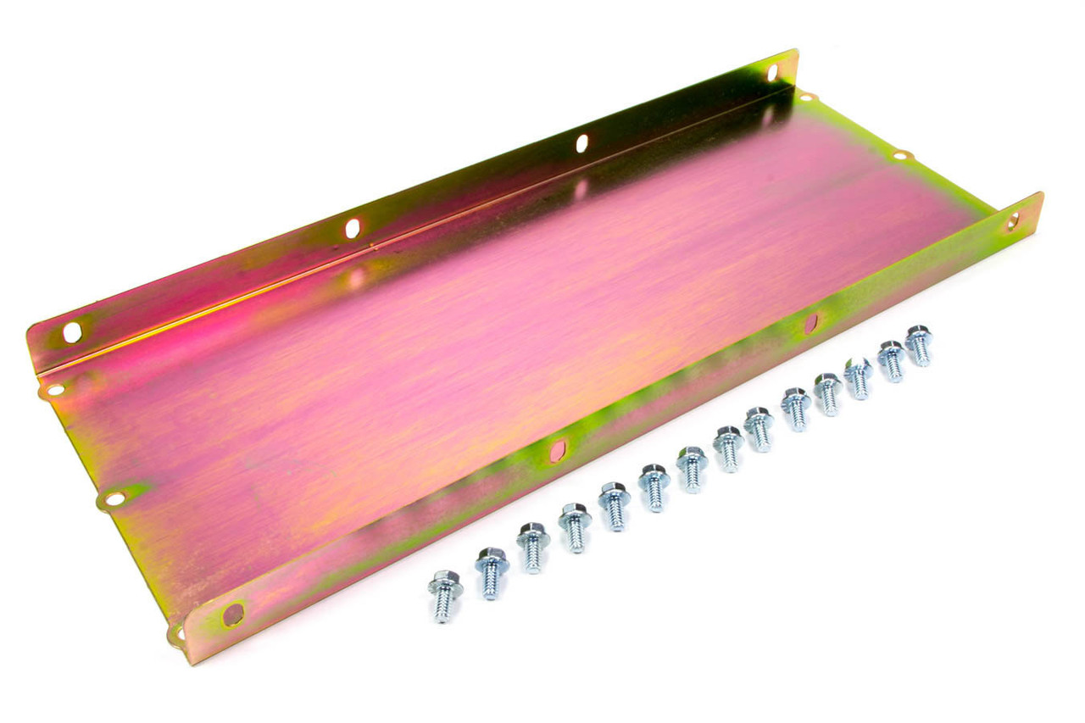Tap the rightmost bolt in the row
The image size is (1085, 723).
[x=919, y=344]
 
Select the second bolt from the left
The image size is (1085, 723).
[x=492, y=571]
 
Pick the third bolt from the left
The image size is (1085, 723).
[x=533, y=547]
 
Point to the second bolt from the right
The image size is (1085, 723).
[x=891, y=359]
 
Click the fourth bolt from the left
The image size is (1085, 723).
[x=575, y=526]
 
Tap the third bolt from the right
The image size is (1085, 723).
[x=858, y=376]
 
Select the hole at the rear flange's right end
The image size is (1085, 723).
[x=772, y=73]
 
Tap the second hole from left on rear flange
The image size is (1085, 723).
[x=352, y=229]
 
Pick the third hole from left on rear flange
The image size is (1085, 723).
[x=581, y=143]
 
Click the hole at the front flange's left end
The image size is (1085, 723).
[x=232, y=614]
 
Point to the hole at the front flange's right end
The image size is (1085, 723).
[x=1012, y=221]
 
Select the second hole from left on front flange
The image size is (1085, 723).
[x=558, y=451]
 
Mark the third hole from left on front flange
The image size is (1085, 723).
[x=810, y=323]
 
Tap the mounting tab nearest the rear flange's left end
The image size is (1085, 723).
[x=55, y=391]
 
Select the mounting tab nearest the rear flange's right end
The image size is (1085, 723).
[x=805, y=97]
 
